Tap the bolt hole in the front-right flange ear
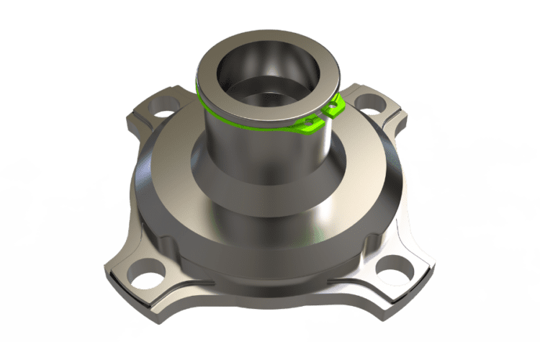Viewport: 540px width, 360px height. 395,273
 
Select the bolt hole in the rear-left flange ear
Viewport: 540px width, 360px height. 165,104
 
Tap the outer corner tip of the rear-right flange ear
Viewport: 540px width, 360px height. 400,115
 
